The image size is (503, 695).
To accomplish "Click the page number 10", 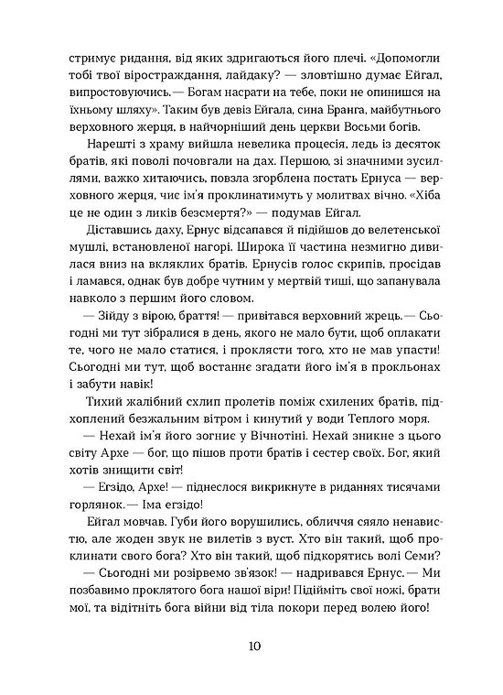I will [x=252, y=646].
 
